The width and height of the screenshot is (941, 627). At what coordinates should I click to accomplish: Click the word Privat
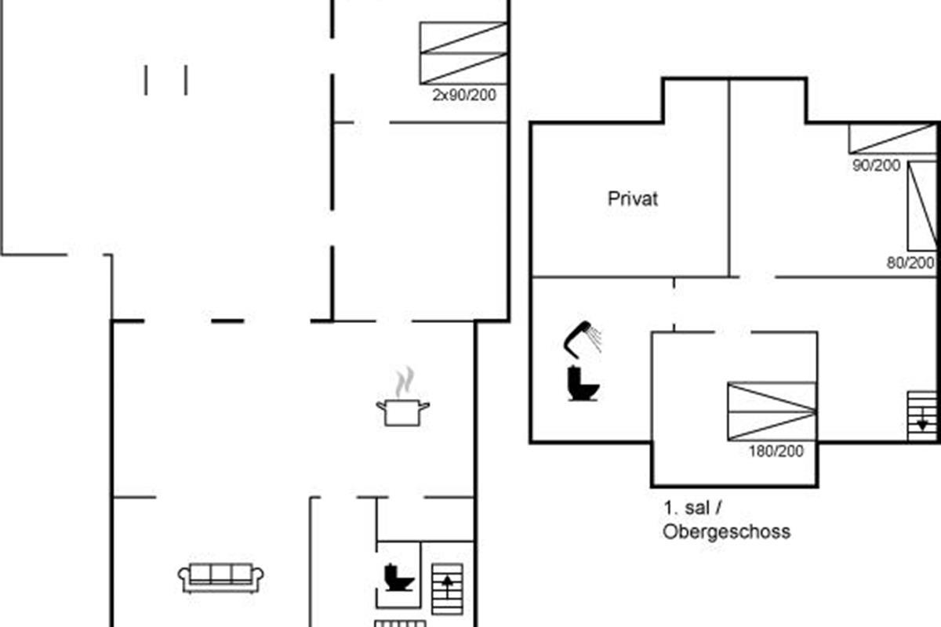tap(633, 199)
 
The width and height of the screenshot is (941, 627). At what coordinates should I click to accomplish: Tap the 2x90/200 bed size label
tap(464, 96)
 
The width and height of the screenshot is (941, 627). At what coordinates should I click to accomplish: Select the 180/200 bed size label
tap(776, 451)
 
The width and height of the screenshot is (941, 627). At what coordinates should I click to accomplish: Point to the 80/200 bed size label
tap(910, 263)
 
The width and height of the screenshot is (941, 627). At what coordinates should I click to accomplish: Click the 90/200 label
tap(876, 165)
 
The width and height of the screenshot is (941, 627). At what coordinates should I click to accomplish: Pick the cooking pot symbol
tap(403, 412)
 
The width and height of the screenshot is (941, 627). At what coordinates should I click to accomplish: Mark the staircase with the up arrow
tap(448, 589)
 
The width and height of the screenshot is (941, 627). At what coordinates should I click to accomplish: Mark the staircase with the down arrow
tap(921, 415)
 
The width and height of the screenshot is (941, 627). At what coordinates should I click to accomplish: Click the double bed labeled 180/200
tap(772, 411)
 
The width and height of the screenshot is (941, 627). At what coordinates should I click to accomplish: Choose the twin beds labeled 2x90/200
tap(463, 53)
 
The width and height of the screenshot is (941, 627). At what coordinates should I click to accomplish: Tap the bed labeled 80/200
tap(922, 206)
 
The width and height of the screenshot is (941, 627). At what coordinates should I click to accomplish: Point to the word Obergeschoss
tap(726, 532)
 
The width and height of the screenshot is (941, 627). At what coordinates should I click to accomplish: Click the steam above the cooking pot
tap(403, 383)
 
